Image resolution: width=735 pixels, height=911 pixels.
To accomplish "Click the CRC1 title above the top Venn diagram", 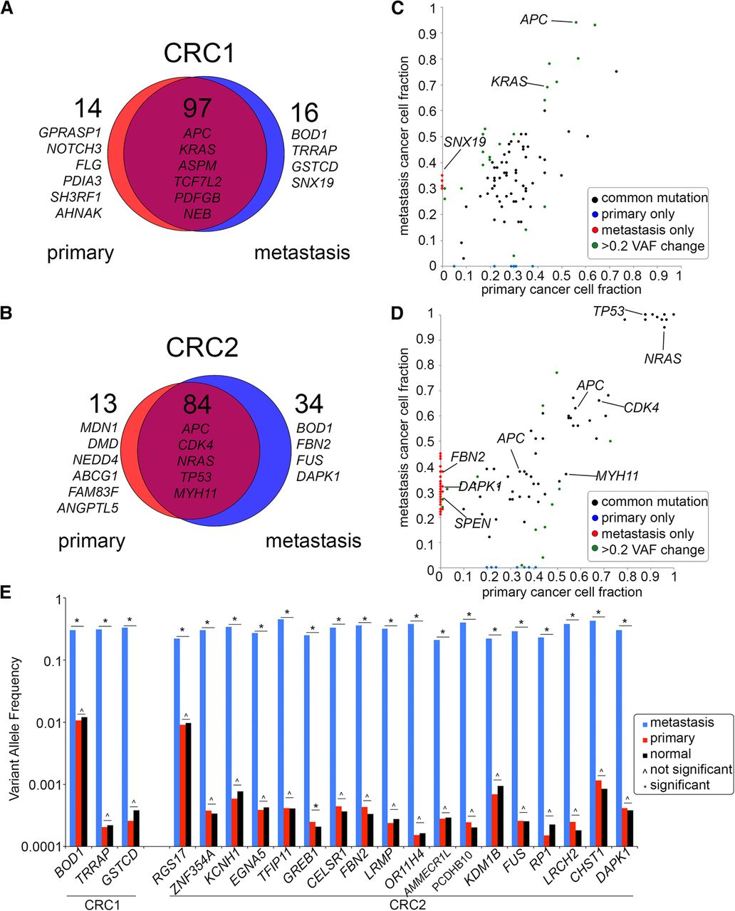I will pos(199,54).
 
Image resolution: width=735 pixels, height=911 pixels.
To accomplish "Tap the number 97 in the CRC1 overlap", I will pos(197,108).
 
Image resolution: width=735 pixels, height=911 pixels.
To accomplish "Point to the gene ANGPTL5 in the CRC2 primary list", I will pos(88,507).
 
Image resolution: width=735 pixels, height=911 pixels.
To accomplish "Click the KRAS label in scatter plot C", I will pos(509,82).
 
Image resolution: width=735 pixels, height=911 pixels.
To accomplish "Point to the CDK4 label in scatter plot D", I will pos(641,408).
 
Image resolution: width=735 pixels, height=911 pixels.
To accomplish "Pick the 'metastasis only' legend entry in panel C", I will pos(647,230).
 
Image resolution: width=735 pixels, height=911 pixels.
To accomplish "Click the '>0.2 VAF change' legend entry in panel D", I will pos(652,549).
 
